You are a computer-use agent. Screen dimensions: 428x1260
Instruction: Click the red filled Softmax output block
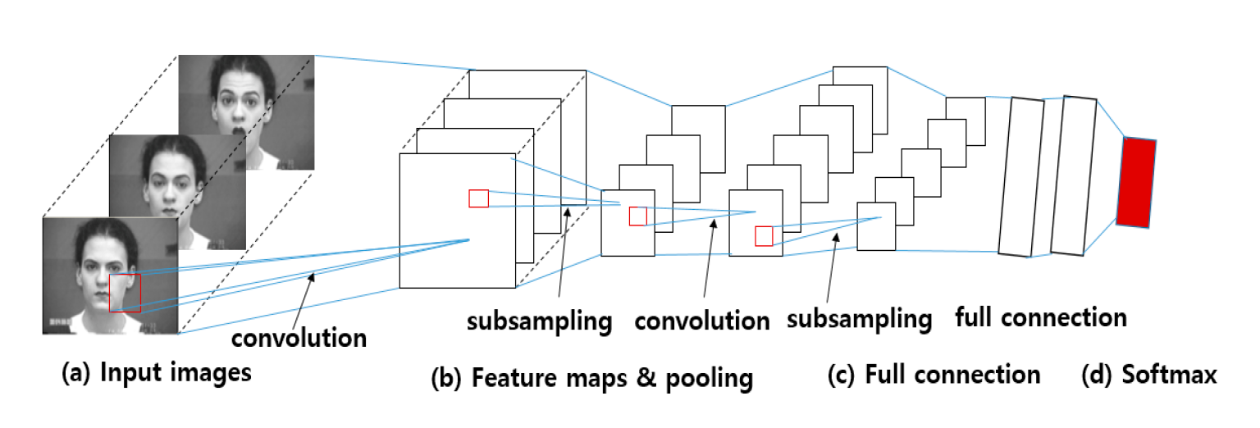pyautogui.click(x=1136, y=182)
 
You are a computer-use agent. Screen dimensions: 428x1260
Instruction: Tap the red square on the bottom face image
pyautogui.click(x=125, y=293)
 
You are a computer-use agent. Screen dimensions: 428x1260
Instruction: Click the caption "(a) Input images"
pyautogui.click(x=157, y=374)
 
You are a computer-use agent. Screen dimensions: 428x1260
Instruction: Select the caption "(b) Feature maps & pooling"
pyautogui.click(x=591, y=378)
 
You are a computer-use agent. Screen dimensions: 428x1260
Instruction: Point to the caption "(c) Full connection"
pyautogui.click(x=934, y=375)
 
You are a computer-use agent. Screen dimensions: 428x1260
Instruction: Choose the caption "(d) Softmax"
pyautogui.click(x=1148, y=375)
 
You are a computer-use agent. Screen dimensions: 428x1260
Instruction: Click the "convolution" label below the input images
pyautogui.click(x=299, y=337)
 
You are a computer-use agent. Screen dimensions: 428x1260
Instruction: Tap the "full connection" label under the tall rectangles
pyautogui.click(x=1041, y=317)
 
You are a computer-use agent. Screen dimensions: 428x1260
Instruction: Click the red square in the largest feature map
pyautogui.click(x=478, y=198)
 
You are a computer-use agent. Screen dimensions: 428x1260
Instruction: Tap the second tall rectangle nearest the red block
pyautogui.click(x=1074, y=175)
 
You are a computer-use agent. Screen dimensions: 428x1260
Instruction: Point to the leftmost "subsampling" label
pyautogui.click(x=539, y=321)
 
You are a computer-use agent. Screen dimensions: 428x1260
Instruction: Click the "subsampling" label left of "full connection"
pyautogui.click(x=859, y=318)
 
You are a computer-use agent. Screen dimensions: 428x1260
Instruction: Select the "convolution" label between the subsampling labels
pyautogui.click(x=702, y=320)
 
